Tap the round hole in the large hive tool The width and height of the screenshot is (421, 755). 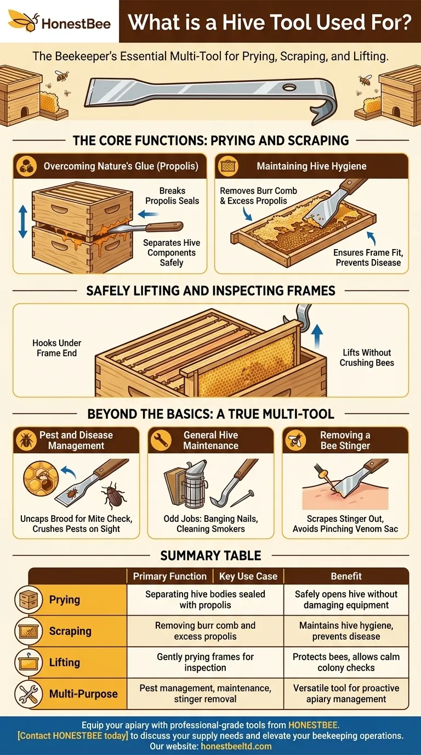(x=289, y=88)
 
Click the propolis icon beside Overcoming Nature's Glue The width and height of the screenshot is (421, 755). (x=26, y=166)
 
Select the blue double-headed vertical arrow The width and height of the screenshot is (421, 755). (x=23, y=222)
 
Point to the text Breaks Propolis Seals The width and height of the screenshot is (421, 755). (x=172, y=196)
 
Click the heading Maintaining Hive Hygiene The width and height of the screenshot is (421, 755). (x=311, y=166)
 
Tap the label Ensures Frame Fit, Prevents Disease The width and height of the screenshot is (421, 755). (x=368, y=257)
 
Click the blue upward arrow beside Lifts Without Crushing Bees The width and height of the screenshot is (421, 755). (x=317, y=336)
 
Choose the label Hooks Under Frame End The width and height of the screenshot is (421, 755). (x=56, y=348)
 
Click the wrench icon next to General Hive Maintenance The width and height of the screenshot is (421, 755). (x=161, y=440)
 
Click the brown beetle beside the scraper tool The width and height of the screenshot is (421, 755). (x=113, y=495)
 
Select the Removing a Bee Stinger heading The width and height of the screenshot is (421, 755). (x=345, y=440)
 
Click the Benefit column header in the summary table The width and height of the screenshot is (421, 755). (x=346, y=576)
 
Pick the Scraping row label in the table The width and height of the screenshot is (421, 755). (x=70, y=630)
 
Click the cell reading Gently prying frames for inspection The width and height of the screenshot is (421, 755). (x=205, y=662)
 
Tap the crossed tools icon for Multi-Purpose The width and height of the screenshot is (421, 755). (x=29, y=694)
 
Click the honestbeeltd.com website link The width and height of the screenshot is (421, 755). (x=236, y=746)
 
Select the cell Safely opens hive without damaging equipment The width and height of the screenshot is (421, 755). (x=346, y=599)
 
